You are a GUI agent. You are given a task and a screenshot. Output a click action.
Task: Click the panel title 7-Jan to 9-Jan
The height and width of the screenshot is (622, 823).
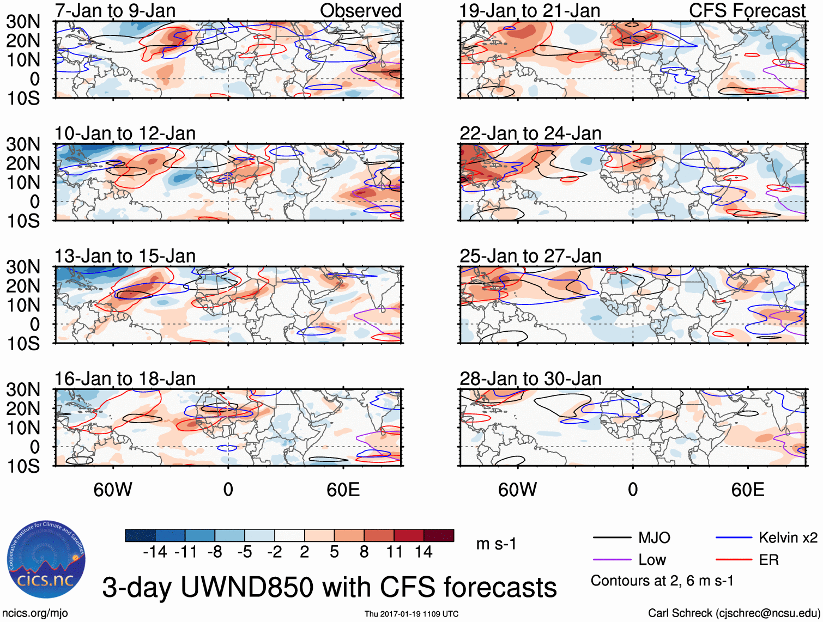(x=115, y=10)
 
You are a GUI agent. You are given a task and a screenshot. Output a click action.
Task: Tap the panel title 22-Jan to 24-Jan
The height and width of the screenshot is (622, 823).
(x=530, y=133)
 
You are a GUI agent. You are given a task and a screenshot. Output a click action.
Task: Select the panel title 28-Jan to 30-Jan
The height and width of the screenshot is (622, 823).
(x=530, y=379)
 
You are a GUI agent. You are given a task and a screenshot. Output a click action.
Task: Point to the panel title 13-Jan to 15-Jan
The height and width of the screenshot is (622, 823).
(x=125, y=256)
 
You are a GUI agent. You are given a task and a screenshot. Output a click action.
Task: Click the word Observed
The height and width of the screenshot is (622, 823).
(x=360, y=10)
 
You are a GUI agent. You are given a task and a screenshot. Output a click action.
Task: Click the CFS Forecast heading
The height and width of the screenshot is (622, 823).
(x=747, y=10)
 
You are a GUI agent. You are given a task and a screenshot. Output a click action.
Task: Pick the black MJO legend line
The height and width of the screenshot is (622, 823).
(x=612, y=538)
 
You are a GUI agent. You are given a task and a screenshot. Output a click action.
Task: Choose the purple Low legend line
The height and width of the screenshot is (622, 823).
(x=612, y=560)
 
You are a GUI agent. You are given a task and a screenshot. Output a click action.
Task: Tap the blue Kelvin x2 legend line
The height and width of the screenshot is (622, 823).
(x=734, y=538)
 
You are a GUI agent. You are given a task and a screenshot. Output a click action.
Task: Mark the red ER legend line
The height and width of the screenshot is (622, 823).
(x=734, y=560)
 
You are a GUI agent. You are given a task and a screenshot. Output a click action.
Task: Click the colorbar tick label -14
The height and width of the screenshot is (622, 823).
(x=155, y=552)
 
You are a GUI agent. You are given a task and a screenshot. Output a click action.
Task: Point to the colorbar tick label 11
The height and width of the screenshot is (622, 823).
(x=394, y=552)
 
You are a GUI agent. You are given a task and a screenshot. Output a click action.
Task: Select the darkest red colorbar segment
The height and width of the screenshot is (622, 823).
(x=439, y=535)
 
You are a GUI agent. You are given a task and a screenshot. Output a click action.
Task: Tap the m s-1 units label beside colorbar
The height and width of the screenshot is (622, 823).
(x=496, y=544)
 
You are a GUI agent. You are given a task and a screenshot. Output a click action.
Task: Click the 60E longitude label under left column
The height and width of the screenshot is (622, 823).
(x=343, y=490)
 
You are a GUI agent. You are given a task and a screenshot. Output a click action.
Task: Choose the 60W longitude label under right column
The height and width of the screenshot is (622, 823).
(x=517, y=490)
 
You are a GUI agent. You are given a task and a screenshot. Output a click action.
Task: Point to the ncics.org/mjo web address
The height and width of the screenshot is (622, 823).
(x=35, y=613)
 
